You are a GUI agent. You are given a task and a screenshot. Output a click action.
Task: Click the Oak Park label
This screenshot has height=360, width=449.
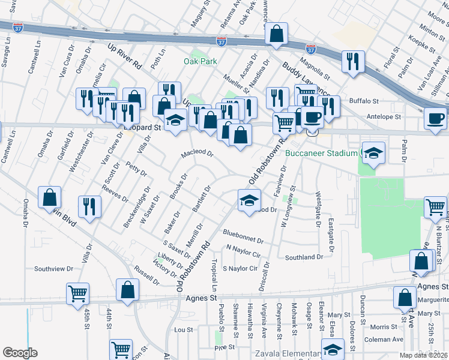(x=200, y=61)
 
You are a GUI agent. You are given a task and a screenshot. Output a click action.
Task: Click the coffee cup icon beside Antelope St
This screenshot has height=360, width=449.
(x=436, y=118)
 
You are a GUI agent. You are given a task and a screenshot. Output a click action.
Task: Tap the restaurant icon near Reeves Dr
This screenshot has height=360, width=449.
(x=89, y=206)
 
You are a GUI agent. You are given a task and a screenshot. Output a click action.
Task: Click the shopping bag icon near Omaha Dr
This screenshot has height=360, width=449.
(x=50, y=197)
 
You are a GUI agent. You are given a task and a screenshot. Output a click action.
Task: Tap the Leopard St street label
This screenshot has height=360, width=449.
(x=143, y=128)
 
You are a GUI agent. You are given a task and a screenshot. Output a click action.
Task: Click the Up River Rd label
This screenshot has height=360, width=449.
(x=124, y=56)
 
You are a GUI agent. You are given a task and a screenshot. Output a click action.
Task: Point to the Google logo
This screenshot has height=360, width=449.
(x=20, y=353)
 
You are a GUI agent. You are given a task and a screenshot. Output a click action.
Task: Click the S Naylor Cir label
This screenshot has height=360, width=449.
(x=240, y=268)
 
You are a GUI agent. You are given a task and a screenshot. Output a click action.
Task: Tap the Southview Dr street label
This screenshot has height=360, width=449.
(x=53, y=269)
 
